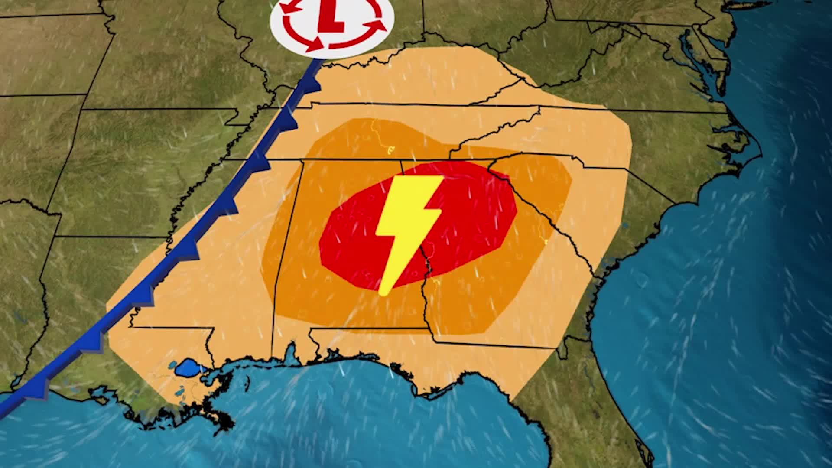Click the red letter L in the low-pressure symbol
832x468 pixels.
point(332,19)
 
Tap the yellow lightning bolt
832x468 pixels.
point(407,225)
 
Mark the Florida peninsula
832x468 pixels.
point(607,412)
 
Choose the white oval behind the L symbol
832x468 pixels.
point(286,30)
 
